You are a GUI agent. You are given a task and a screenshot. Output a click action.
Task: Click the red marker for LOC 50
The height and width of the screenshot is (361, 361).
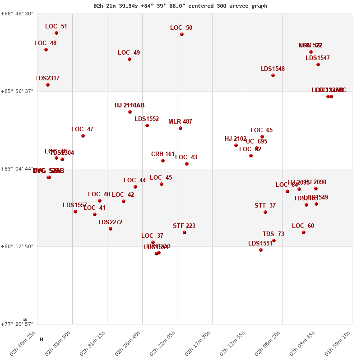pyautogui.click(x=182, y=34)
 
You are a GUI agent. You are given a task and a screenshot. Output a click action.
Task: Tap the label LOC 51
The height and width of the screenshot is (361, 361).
pyautogui.click(x=56, y=27)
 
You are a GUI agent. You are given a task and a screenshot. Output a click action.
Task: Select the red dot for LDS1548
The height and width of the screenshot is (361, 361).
pyautogui.click(x=273, y=75)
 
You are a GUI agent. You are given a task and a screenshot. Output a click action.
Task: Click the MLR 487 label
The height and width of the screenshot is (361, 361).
pyautogui.click(x=180, y=122)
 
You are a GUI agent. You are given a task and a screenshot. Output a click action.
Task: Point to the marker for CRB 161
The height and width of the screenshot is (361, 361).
pyautogui.click(x=163, y=161)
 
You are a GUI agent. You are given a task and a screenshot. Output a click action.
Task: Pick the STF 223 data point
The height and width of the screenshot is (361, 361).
pyautogui.click(x=185, y=232)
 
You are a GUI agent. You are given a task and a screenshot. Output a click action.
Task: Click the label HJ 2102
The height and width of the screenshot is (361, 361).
pyautogui.click(x=236, y=139)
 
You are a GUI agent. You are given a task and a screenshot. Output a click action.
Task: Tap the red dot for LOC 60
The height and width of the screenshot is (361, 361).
pyautogui.click(x=304, y=232)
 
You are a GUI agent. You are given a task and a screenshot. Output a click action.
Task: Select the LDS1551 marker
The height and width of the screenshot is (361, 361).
pyautogui.click(x=261, y=250)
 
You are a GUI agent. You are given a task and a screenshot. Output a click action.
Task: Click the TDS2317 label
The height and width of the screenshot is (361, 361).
pyautogui.click(x=47, y=79)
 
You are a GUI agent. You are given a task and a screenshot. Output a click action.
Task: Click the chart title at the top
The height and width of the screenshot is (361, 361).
pyautogui.click(x=180, y=6)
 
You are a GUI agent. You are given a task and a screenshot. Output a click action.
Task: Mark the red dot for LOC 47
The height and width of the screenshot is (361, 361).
pyautogui.click(x=83, y=136)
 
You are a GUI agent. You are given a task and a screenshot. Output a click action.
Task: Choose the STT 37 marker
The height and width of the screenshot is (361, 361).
pyautogui.click(x=265, y=212)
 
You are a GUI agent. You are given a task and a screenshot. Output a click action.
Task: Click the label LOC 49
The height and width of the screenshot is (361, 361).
pyautogui.click(x=129, y=53)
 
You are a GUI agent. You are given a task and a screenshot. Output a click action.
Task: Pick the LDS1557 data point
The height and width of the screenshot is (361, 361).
pyautogui.click(x=75, y=212)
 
